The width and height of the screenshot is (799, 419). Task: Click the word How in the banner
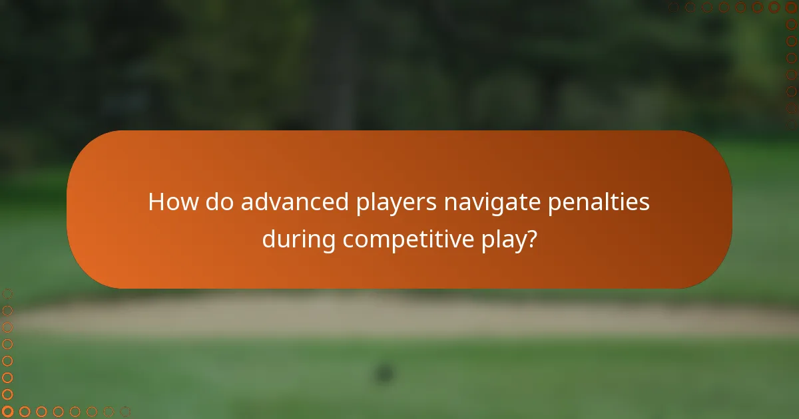click(x=172, y=202)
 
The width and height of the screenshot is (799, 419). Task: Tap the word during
click(x=299, y=239)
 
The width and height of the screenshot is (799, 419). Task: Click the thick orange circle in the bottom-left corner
click(x=8, y=411)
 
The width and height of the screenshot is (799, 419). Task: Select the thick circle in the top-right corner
click(x=791, y=7)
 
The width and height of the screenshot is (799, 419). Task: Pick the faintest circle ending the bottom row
click(x=125, y=411)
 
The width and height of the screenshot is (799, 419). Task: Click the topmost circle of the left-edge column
click(x=8, y=294)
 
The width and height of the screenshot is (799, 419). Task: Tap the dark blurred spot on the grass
click(x=384, y=373)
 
